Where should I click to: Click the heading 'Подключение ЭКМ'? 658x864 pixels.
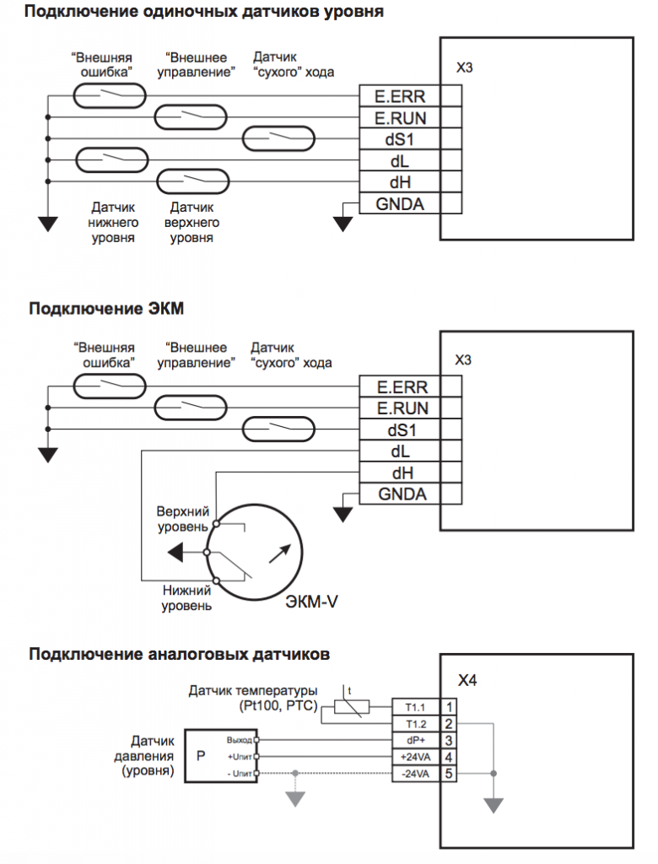click(105, 308)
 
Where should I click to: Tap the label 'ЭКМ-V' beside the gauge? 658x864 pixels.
click(311, 601)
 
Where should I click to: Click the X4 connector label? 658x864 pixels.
click(467, 681)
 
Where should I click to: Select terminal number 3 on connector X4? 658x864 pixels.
click(449, 741)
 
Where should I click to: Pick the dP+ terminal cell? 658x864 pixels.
click(416, 741)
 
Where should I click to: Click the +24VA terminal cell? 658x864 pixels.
click(416, 757)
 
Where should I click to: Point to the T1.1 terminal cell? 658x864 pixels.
click(416, 707)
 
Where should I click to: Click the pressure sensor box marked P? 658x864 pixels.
click(201, 755)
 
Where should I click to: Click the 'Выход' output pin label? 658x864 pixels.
click(239, 740)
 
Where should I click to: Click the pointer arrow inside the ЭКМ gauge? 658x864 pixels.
click(280, 553)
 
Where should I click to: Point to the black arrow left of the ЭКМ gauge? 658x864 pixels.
click(175, 552)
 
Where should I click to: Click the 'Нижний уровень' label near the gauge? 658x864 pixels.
click(186, 598)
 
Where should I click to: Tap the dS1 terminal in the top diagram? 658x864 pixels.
click(400, 139)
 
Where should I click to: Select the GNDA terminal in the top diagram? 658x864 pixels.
click(400, 203)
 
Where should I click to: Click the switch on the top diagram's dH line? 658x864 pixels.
click(193, 181)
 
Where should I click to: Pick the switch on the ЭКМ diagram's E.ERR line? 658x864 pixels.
click(109, 386)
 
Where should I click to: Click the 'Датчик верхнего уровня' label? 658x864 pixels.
click(191, 223)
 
